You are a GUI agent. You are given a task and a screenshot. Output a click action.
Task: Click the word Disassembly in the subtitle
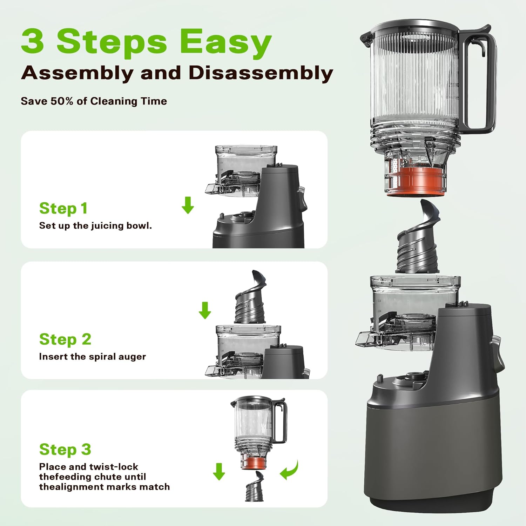click(x=261, y=73)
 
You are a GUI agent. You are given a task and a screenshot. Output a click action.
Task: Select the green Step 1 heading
click(x=63, y=208)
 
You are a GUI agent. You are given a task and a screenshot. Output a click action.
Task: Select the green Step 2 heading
click(x=65, y=339)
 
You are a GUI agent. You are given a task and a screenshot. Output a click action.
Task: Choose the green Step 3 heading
click(x=65, y=450)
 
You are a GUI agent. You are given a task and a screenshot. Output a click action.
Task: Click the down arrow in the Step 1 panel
click(x=188, y=205)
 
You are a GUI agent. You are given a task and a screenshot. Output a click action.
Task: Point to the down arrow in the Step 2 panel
click(x=205, y=310)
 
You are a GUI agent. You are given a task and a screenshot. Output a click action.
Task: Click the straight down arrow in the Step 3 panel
click(x=219, y=471)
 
